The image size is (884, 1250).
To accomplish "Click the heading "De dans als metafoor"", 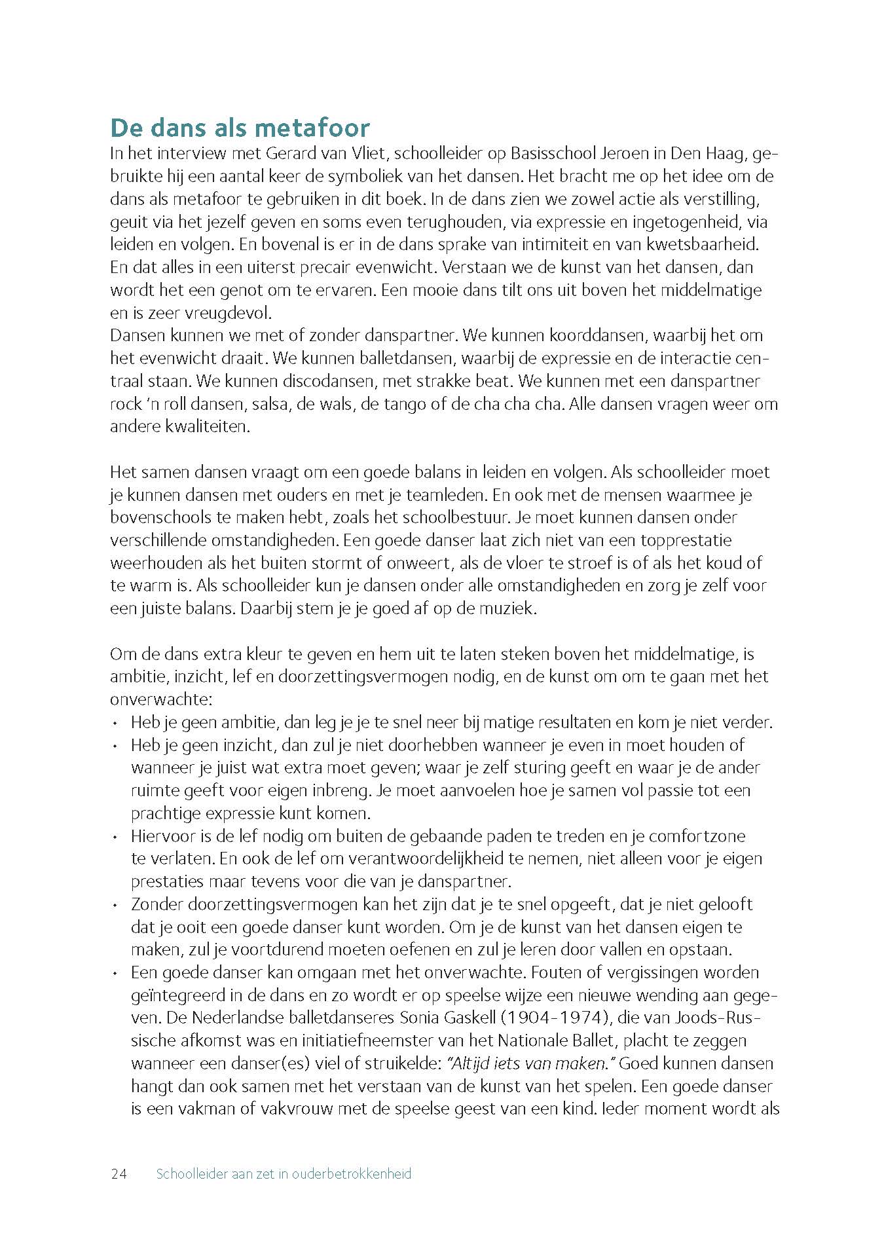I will pos(240,128).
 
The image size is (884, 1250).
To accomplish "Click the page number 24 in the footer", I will pos(119,1174).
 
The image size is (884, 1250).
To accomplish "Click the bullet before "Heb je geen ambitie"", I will pos(115,724).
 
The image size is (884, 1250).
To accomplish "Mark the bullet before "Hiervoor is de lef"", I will pos(115,837).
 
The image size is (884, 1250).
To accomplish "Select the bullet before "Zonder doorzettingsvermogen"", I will pos(115,905).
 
